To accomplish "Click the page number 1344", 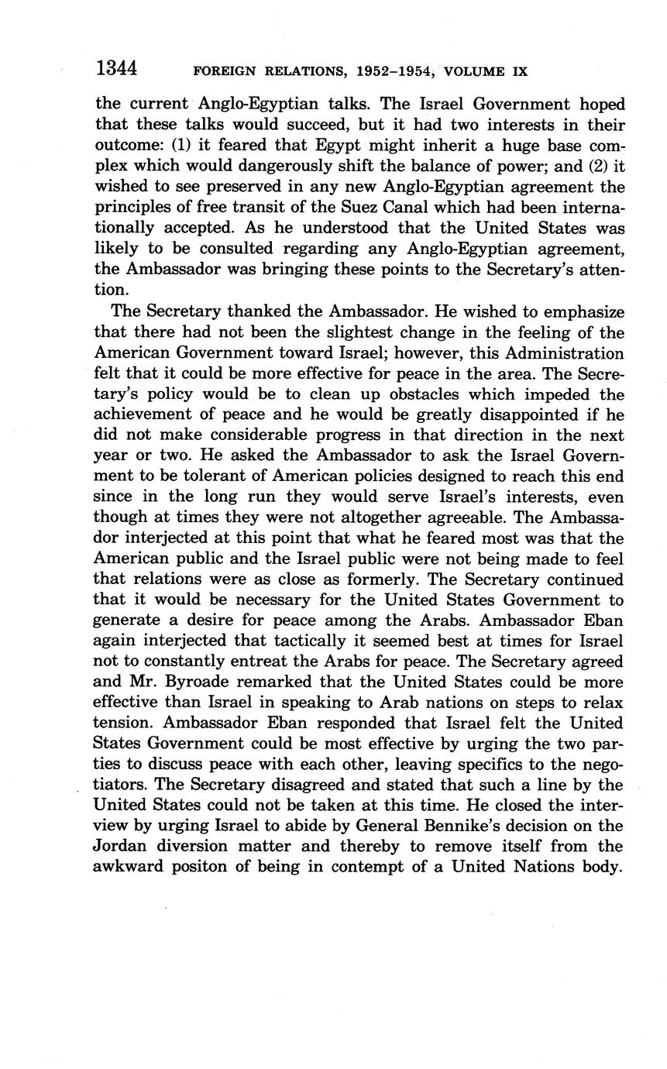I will click(x=116, y=69).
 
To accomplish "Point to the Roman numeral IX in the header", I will click(x=520, y=72).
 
